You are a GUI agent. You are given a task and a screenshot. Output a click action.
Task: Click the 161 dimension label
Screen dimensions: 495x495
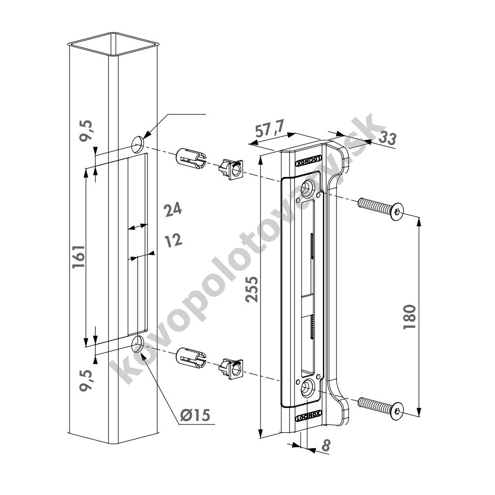(79, 256)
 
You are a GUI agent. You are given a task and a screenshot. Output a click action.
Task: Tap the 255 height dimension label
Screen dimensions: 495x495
(252, 289)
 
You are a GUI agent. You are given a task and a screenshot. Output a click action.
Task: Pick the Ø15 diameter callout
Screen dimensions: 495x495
(195, 415)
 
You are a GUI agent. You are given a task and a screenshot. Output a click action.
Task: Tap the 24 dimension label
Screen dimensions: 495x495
(173, 209)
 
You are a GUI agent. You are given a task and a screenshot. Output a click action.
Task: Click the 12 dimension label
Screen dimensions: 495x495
(174, 241)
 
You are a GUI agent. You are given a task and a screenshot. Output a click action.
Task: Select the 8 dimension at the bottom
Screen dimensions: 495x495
(325, 445)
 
